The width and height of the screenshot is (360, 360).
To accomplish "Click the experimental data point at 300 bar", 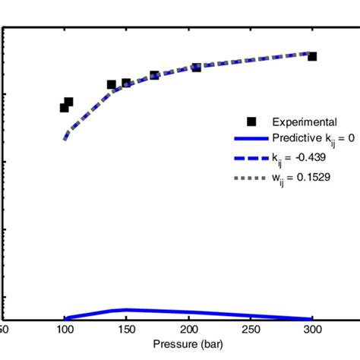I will click(x=312, y=56).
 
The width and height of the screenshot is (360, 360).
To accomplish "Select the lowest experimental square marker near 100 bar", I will click(x=65, y=108).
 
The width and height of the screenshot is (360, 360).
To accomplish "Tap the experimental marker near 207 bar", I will click(x=197, y=67).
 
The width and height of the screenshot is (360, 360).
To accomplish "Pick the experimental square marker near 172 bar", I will click(x=154, y=75).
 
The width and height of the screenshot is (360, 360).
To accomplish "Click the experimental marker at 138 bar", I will click(x=112, y=85).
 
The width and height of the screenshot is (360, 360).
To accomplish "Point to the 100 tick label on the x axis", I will click(x=65, y=330).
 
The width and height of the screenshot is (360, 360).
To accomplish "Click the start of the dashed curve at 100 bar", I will click(x=65, y=139).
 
